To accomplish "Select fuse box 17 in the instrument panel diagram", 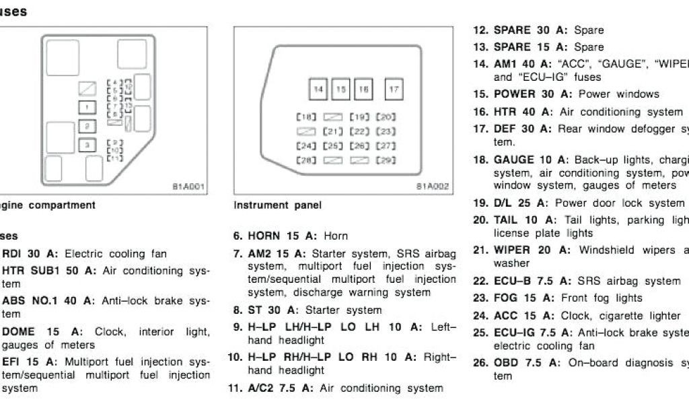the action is click(x=394, y=89).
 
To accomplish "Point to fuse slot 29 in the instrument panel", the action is click(x=386, y=160).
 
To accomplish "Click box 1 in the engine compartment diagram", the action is click(x=86, y=106).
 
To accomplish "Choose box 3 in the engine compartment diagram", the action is click(x=86, y=144).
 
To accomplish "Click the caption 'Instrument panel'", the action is click(x=278, y=205).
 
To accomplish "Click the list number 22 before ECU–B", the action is click(x=480, y=281).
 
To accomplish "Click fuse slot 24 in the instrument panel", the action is click(x=306, y=145).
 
